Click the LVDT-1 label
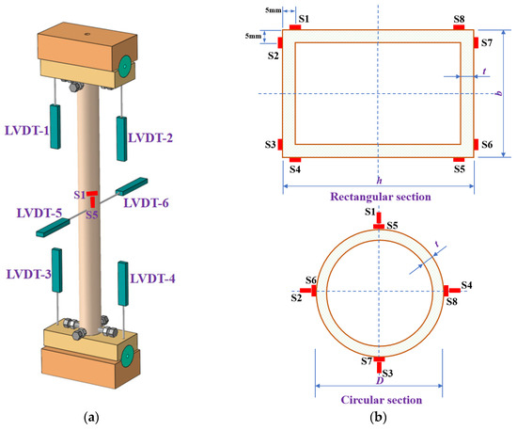tap(26, 131)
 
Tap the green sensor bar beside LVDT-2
tap(121, 138)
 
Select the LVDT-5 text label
tap(39, 214)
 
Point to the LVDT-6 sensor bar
tap(132, 186)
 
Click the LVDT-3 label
tap(29, 274)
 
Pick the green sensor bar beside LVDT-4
tap(123, 283)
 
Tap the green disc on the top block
tap(125, 67)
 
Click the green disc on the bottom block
tap(127, 356)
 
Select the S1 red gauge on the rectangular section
tap(295, 27)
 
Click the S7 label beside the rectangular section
tap(487, 43)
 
